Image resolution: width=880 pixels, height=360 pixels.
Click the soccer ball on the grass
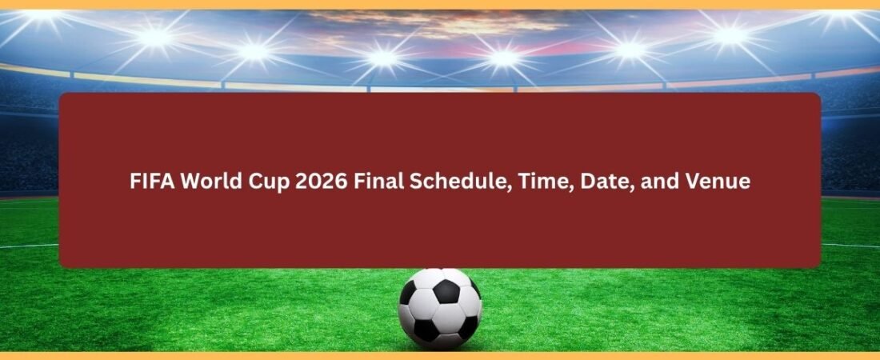(x=440, y=309)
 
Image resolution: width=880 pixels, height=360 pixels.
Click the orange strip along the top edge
(x=440, y=4)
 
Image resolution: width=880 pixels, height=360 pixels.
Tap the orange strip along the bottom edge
(x=440, y=355)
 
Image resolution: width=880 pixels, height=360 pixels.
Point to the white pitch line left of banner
(x=29, y=246)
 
